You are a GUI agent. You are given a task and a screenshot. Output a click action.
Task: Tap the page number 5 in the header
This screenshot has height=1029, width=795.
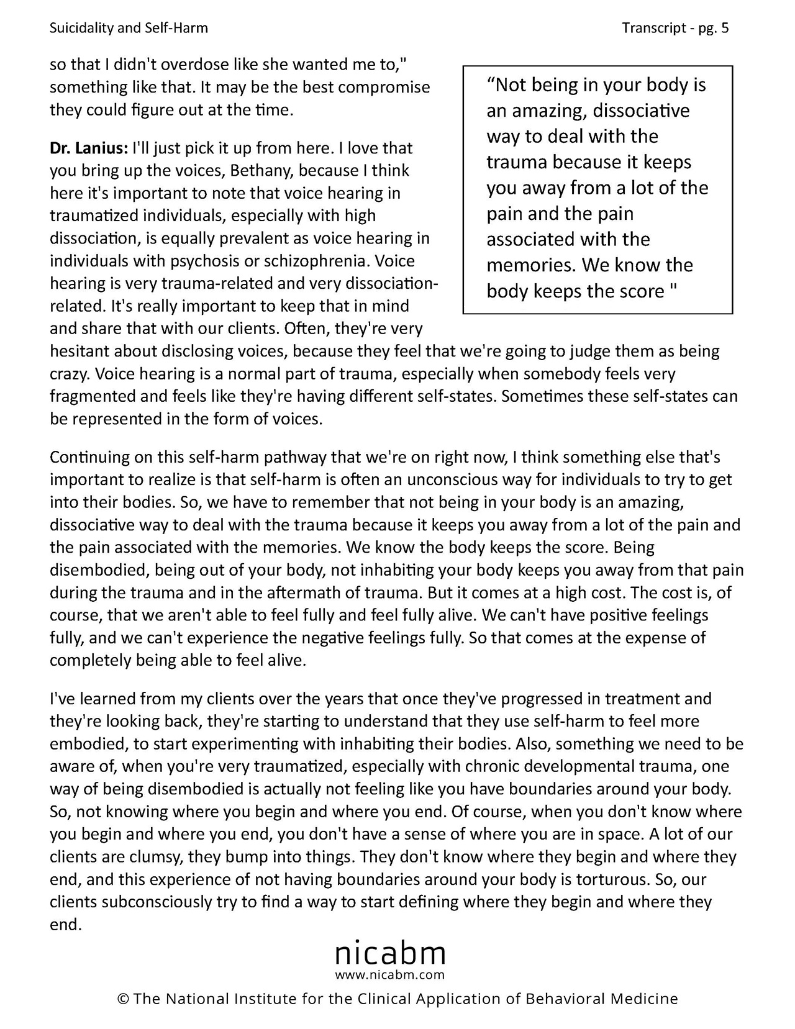click(x=725, y=28)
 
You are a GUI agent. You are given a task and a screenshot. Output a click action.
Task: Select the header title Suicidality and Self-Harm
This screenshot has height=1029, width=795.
click(x=129, y=28)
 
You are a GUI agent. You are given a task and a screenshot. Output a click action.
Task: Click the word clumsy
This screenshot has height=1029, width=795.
click(x=152, y=857)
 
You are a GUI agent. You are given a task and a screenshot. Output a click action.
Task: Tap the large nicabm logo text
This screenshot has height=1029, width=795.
click(x=391, y=953)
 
